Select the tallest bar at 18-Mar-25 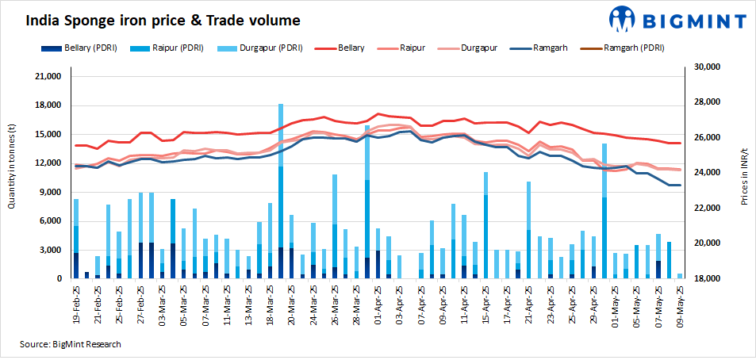pos(281,190)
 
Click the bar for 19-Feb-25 pos(76,238)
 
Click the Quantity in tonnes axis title pos(12,166)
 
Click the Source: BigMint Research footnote pos(71,344)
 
